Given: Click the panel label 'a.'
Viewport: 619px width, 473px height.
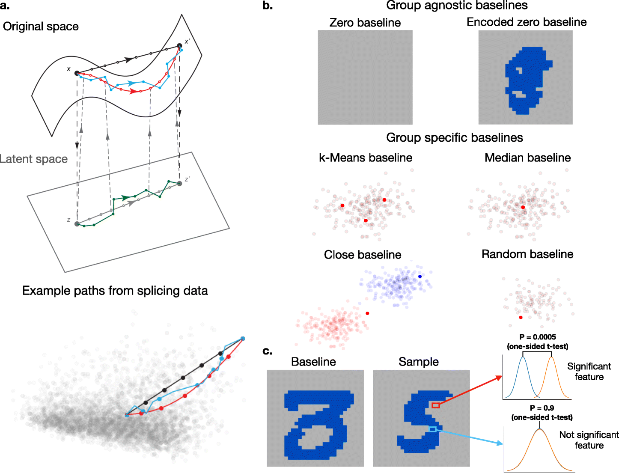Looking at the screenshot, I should click(x=6, y=6).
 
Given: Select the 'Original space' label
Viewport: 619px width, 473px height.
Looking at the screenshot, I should click(x=41, y=27).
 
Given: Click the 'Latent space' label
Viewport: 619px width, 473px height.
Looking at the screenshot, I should click(x=34, y=159).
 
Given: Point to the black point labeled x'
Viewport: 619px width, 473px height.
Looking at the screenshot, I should click(x=179, y=46).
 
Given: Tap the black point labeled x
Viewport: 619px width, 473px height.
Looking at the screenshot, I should click(x=77, y=73).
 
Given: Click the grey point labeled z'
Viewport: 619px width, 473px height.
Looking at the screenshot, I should click(x=179, y=183).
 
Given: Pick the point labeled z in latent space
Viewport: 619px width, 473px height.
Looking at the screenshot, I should click(x=77, y=223).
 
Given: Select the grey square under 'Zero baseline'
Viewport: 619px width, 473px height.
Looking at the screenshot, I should click(x=365, y=77).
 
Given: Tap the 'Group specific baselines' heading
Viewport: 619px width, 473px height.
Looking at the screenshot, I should click(x=454, y=137).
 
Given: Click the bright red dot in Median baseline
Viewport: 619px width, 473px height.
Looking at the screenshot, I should click(x=523, y=207).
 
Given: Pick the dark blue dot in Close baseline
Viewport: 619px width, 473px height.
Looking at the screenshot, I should click(x=420, y=277).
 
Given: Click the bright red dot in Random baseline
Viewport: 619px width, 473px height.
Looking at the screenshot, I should click(x=521, y=318).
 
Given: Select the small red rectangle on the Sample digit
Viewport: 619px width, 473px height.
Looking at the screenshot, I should click(x=435, y=405).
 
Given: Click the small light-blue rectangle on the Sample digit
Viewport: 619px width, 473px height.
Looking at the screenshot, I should click(x=433, y=429).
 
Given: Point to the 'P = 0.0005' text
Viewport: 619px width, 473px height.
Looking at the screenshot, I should click(x=538, y=337).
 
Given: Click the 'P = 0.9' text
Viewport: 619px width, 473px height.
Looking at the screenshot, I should click(x=542, y=408).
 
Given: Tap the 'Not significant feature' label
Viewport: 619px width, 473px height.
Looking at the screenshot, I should click(x=589, y=440).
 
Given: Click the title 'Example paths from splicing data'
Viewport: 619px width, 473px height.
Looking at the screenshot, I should click(x=115, y=291).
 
